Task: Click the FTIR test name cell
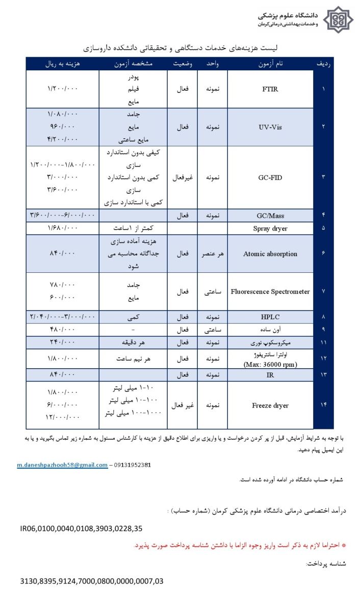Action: coord(270,89)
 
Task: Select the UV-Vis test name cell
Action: coord(270,127)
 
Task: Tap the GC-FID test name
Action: coord(270,178)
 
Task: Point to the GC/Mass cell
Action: coord(270,216)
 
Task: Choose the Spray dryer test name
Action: coord(270,228)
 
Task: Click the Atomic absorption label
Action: coord(270,253)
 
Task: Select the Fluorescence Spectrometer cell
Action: coord(270,292)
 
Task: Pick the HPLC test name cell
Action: coord(270,317)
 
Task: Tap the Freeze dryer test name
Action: coord(270,405)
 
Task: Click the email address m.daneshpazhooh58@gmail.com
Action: coord(62,465)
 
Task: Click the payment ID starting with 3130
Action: coord(92,581)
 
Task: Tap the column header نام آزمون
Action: coord(270,64)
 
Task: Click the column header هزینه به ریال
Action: coord(63,64)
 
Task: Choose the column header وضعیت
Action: coord(182,64)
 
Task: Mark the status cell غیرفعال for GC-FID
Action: coord(182,178)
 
